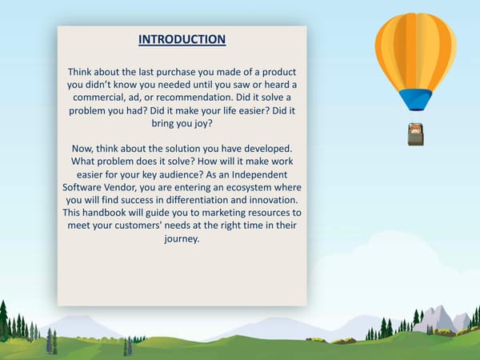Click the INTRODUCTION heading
pos(182,39)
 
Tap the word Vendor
pos(130,186)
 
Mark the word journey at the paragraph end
pos(182,239)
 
